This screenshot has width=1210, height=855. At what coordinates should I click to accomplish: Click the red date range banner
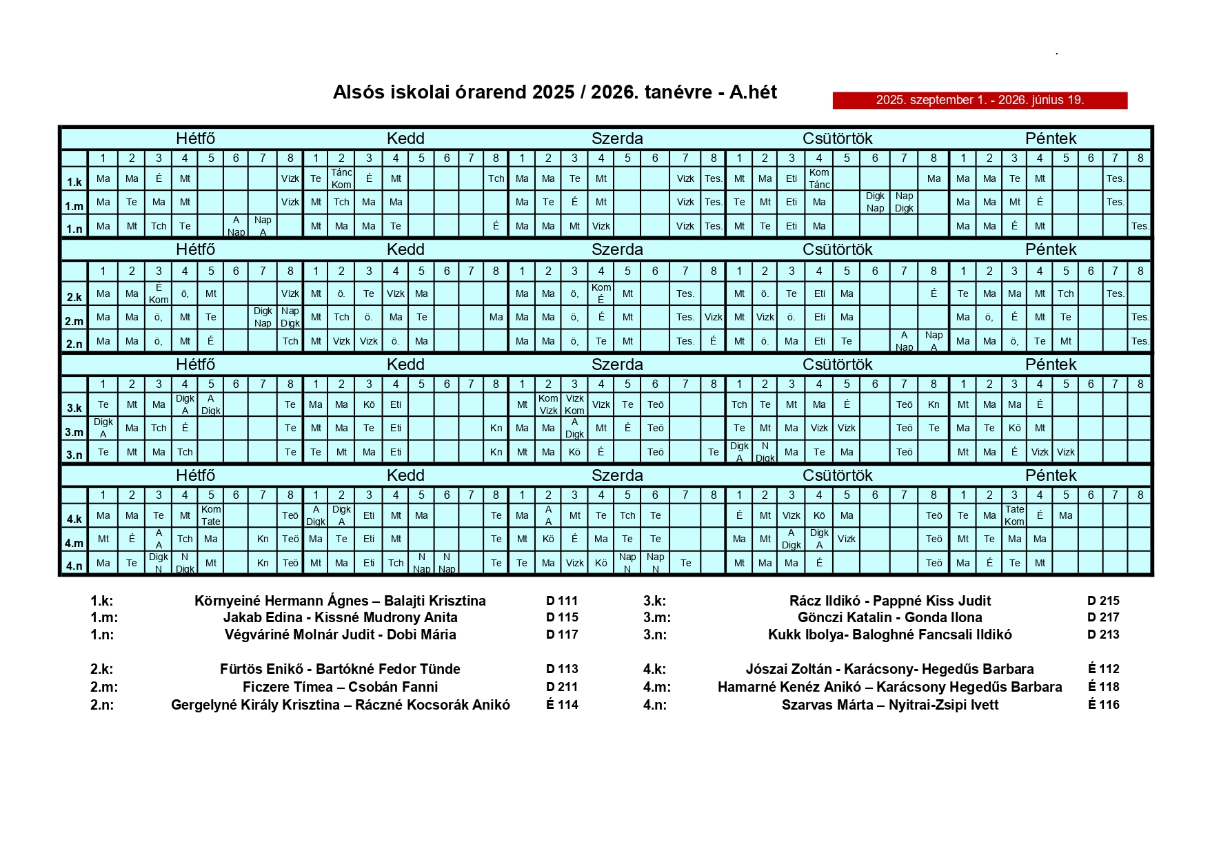[x=979, y=100]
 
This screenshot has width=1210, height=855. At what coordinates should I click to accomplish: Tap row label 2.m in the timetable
[x=74, y=321]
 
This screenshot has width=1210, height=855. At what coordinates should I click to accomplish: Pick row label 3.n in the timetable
[x=74, y=455]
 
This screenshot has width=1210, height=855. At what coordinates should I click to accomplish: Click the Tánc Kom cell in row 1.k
[x=341, y=178]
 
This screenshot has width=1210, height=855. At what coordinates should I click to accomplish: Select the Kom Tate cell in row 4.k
[x=211, y=515]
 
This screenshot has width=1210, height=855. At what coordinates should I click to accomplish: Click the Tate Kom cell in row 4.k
[x=1014, y=515]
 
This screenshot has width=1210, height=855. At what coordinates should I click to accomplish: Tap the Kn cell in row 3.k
[x=934, y=404]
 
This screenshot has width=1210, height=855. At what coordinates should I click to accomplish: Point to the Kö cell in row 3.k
[x=369, y=404]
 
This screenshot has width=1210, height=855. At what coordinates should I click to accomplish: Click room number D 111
[x=562, y=601]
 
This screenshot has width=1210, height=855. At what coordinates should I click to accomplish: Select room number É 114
[x=562, y=704]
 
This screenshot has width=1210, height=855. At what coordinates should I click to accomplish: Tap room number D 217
[x=1103, y=617]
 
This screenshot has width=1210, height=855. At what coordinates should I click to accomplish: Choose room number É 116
[x=1103, y=704]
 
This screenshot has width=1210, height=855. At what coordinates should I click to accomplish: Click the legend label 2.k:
[x=102, y=669]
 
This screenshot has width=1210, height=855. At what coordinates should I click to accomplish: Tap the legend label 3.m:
[x=656, y=617]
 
